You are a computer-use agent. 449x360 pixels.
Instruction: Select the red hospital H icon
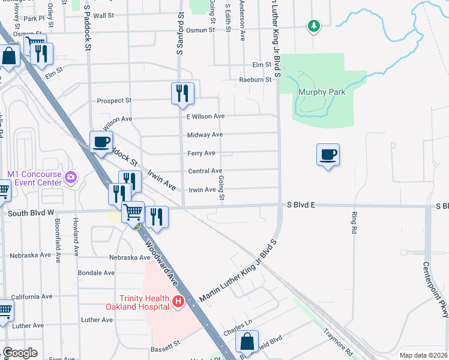click(x=178, y=302)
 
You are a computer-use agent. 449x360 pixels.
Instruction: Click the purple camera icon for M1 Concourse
click(x=71, y=176)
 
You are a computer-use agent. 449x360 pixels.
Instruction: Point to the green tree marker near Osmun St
click(x=313, y=26)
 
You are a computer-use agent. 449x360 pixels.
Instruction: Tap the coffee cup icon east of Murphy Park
click(x=328, y=155)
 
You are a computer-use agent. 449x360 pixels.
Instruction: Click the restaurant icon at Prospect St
click(x=182, y=94)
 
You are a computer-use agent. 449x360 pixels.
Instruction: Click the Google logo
click(x=20, y=353)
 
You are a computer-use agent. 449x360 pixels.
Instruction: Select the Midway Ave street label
click(x=205, y=135)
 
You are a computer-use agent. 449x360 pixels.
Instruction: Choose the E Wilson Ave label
click(x=205, y=116)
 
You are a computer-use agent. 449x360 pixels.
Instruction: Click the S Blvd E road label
click(x=300, y=205)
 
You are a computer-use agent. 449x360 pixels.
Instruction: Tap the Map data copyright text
click(x=423, y=355)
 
